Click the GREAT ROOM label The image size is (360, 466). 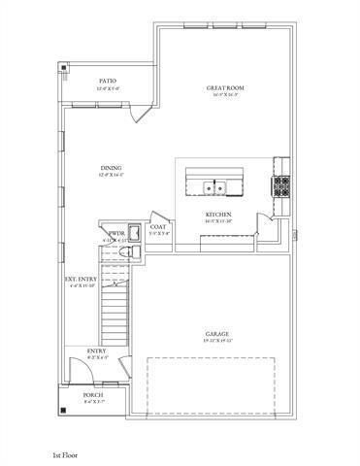tap(224, 88)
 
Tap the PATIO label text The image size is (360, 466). tap(108, 82)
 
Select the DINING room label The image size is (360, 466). tap(110, 169)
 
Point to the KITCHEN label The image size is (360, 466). tap(216, 214)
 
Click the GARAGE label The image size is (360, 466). tap(216, 333)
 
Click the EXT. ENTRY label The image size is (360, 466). tap(82, 282)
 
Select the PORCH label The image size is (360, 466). tap(93, 395)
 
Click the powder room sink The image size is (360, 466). tap(135, 233)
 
